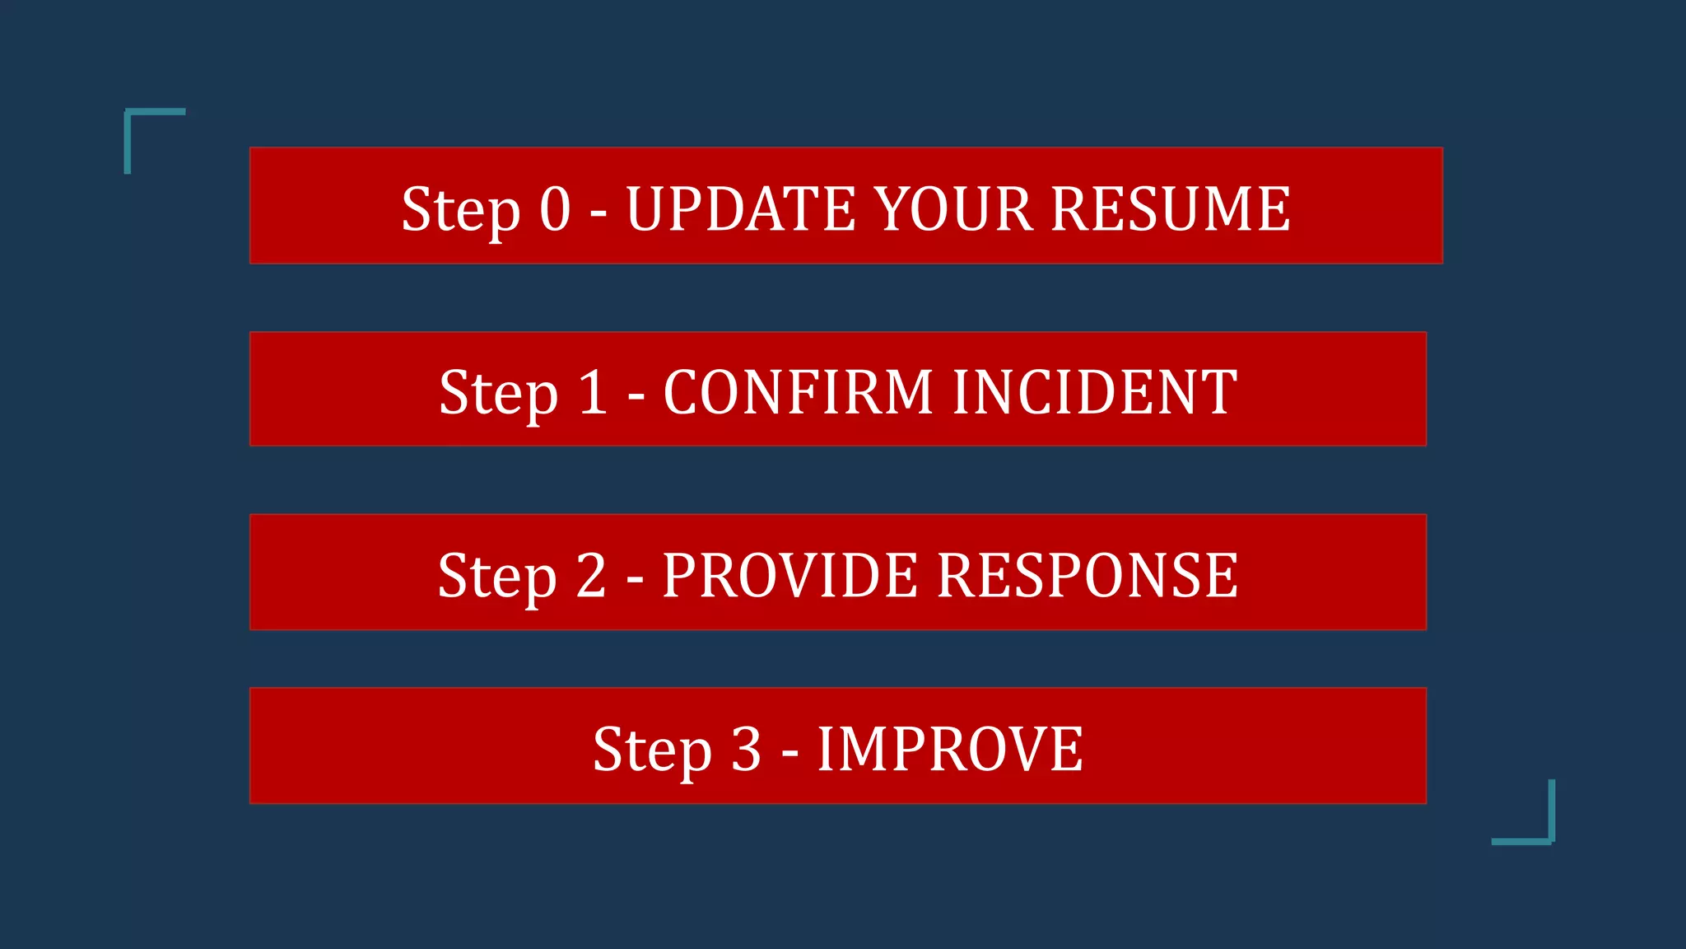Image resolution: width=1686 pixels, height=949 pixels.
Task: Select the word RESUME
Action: point(1171,209)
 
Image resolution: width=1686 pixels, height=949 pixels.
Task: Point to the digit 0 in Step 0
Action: point(555,209)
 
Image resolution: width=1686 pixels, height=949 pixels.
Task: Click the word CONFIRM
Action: point(798,392)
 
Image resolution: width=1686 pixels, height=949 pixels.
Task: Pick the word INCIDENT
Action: point(1095,392)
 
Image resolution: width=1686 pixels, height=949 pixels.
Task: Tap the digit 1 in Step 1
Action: point(593,392)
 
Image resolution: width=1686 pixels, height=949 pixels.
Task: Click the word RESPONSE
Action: point(1088,575)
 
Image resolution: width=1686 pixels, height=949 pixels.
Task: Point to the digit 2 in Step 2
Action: point(591,575)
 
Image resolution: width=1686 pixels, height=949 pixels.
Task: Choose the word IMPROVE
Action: point(950,750)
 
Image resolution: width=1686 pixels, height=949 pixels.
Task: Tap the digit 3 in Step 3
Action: point(746,750)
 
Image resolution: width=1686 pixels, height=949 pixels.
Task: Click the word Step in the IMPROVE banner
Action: point(652,750)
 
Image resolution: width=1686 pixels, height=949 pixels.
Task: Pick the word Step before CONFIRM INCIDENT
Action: point(499,392)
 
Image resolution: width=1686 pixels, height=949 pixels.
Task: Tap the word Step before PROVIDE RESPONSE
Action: point(497,575)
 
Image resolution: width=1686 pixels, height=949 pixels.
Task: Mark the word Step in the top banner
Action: point(461,209)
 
